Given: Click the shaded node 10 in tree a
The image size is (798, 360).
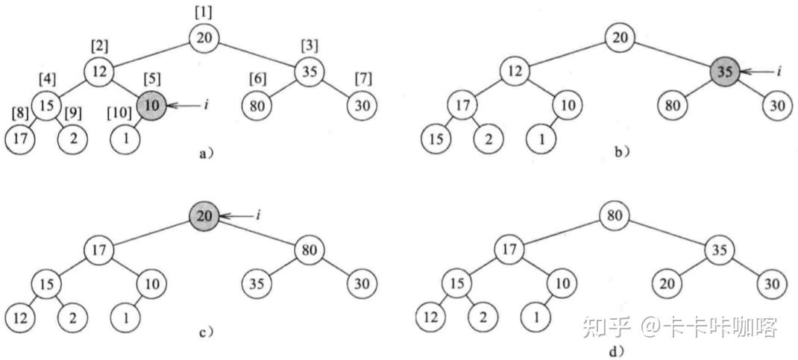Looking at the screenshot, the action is tap(151, 106).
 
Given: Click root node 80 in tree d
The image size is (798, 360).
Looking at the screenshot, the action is tap(615, 216).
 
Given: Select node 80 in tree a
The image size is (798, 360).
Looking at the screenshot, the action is tap(257, 106).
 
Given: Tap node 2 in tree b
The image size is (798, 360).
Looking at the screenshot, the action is tap(488, 139).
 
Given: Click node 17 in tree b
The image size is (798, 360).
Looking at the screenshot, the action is tap(462, 106).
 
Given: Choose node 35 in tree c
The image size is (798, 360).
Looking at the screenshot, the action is tap(257, 284).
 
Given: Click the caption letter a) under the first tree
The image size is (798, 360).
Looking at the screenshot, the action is tap(201, 154).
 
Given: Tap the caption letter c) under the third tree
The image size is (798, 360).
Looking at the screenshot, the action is tap(202, 333).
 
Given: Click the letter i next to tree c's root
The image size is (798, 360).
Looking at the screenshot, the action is tap(257, 216).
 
